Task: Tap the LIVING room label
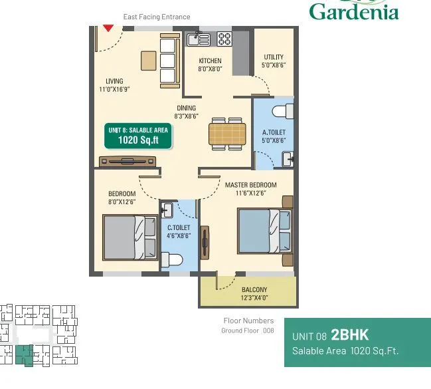114,81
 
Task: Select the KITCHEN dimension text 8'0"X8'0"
210,69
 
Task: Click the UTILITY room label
274,57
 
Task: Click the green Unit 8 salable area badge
138,136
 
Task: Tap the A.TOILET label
274,132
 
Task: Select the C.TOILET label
179,227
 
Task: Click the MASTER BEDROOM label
250,184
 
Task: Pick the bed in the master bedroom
264,230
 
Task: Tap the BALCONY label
254,289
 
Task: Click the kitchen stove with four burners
224,39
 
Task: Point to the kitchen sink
198,39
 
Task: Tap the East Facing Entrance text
157,17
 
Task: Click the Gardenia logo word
354,11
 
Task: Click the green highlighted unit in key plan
25,354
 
